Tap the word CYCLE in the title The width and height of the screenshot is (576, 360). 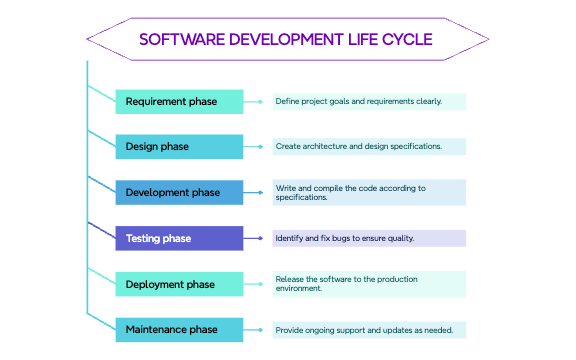coord(407,40)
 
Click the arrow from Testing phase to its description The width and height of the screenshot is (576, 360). coord(258,238)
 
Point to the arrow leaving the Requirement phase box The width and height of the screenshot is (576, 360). coord(258,101)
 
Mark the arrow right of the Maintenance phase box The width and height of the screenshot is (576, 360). coord(258,329)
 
